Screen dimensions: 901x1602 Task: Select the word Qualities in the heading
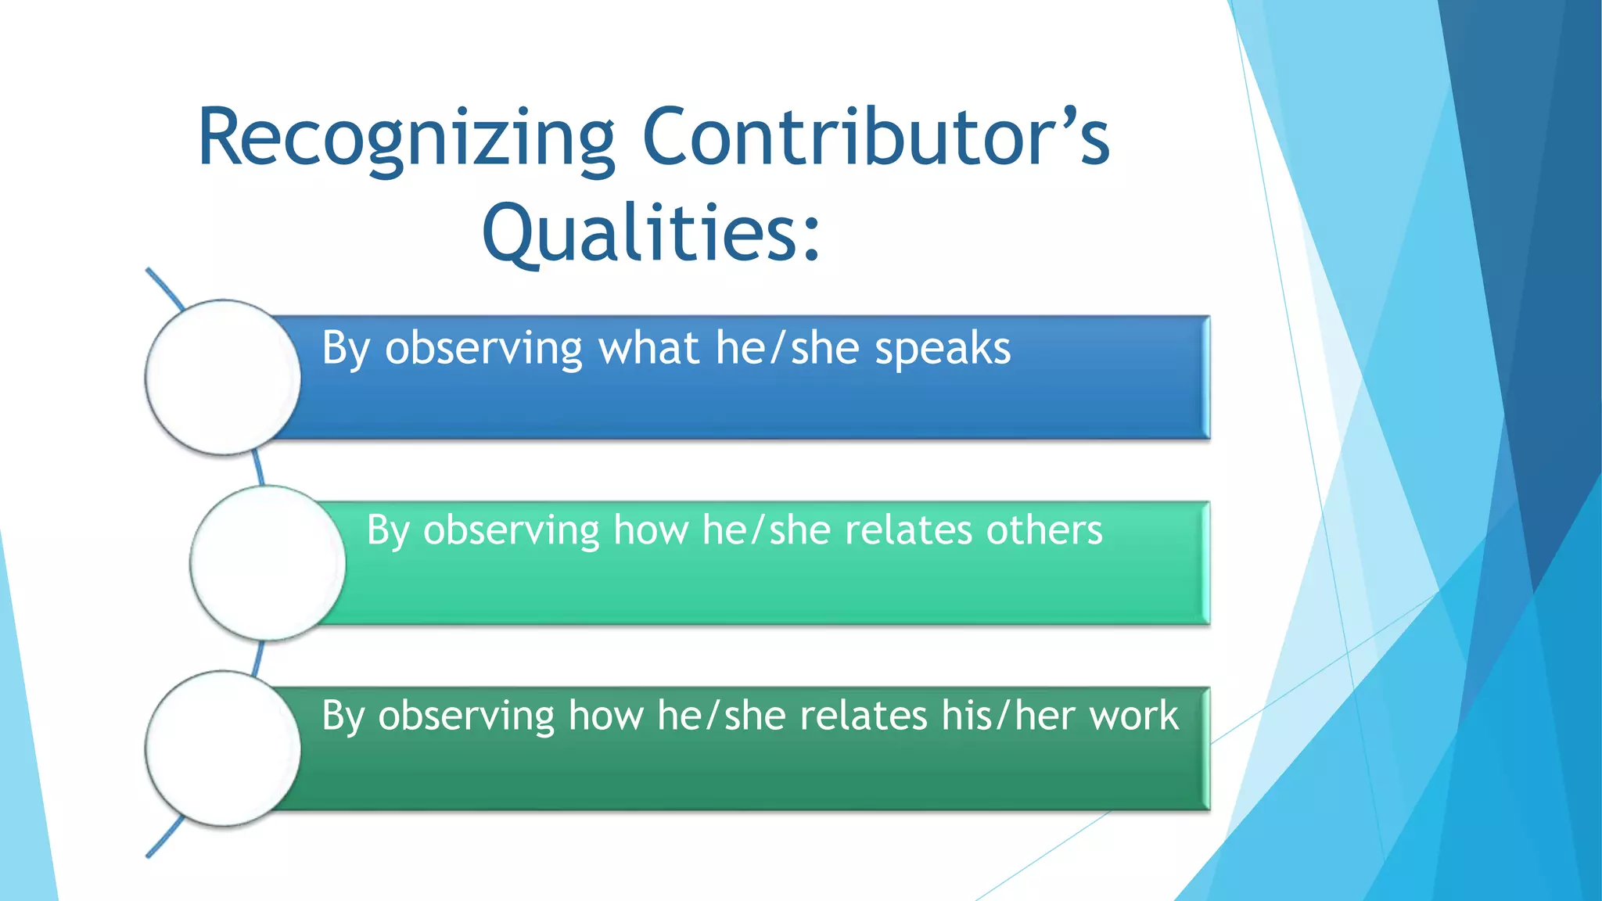pyautogui.click(x=638, y=233)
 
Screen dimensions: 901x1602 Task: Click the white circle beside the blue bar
pyautogui.click(x=224, y=377)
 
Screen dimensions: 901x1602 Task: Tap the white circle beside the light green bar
pyautogui.click(x=268, y=563)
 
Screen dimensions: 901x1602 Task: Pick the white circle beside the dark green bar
pyautogui.click(x=224, y=748)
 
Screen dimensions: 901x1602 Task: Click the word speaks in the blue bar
pyautogui.click(x=943, y=349)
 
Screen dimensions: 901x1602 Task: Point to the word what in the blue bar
pyautogui.click(x=648, y=348)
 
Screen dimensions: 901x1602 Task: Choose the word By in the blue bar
pyautogui.click(x=345, y=349)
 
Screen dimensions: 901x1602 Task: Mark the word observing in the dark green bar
pyautogui.click(x=466, y=716)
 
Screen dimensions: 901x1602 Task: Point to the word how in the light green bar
pyautogui.click(x=650, y=530)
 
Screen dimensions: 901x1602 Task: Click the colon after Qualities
pyautogui.click(x=812, y=235)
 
